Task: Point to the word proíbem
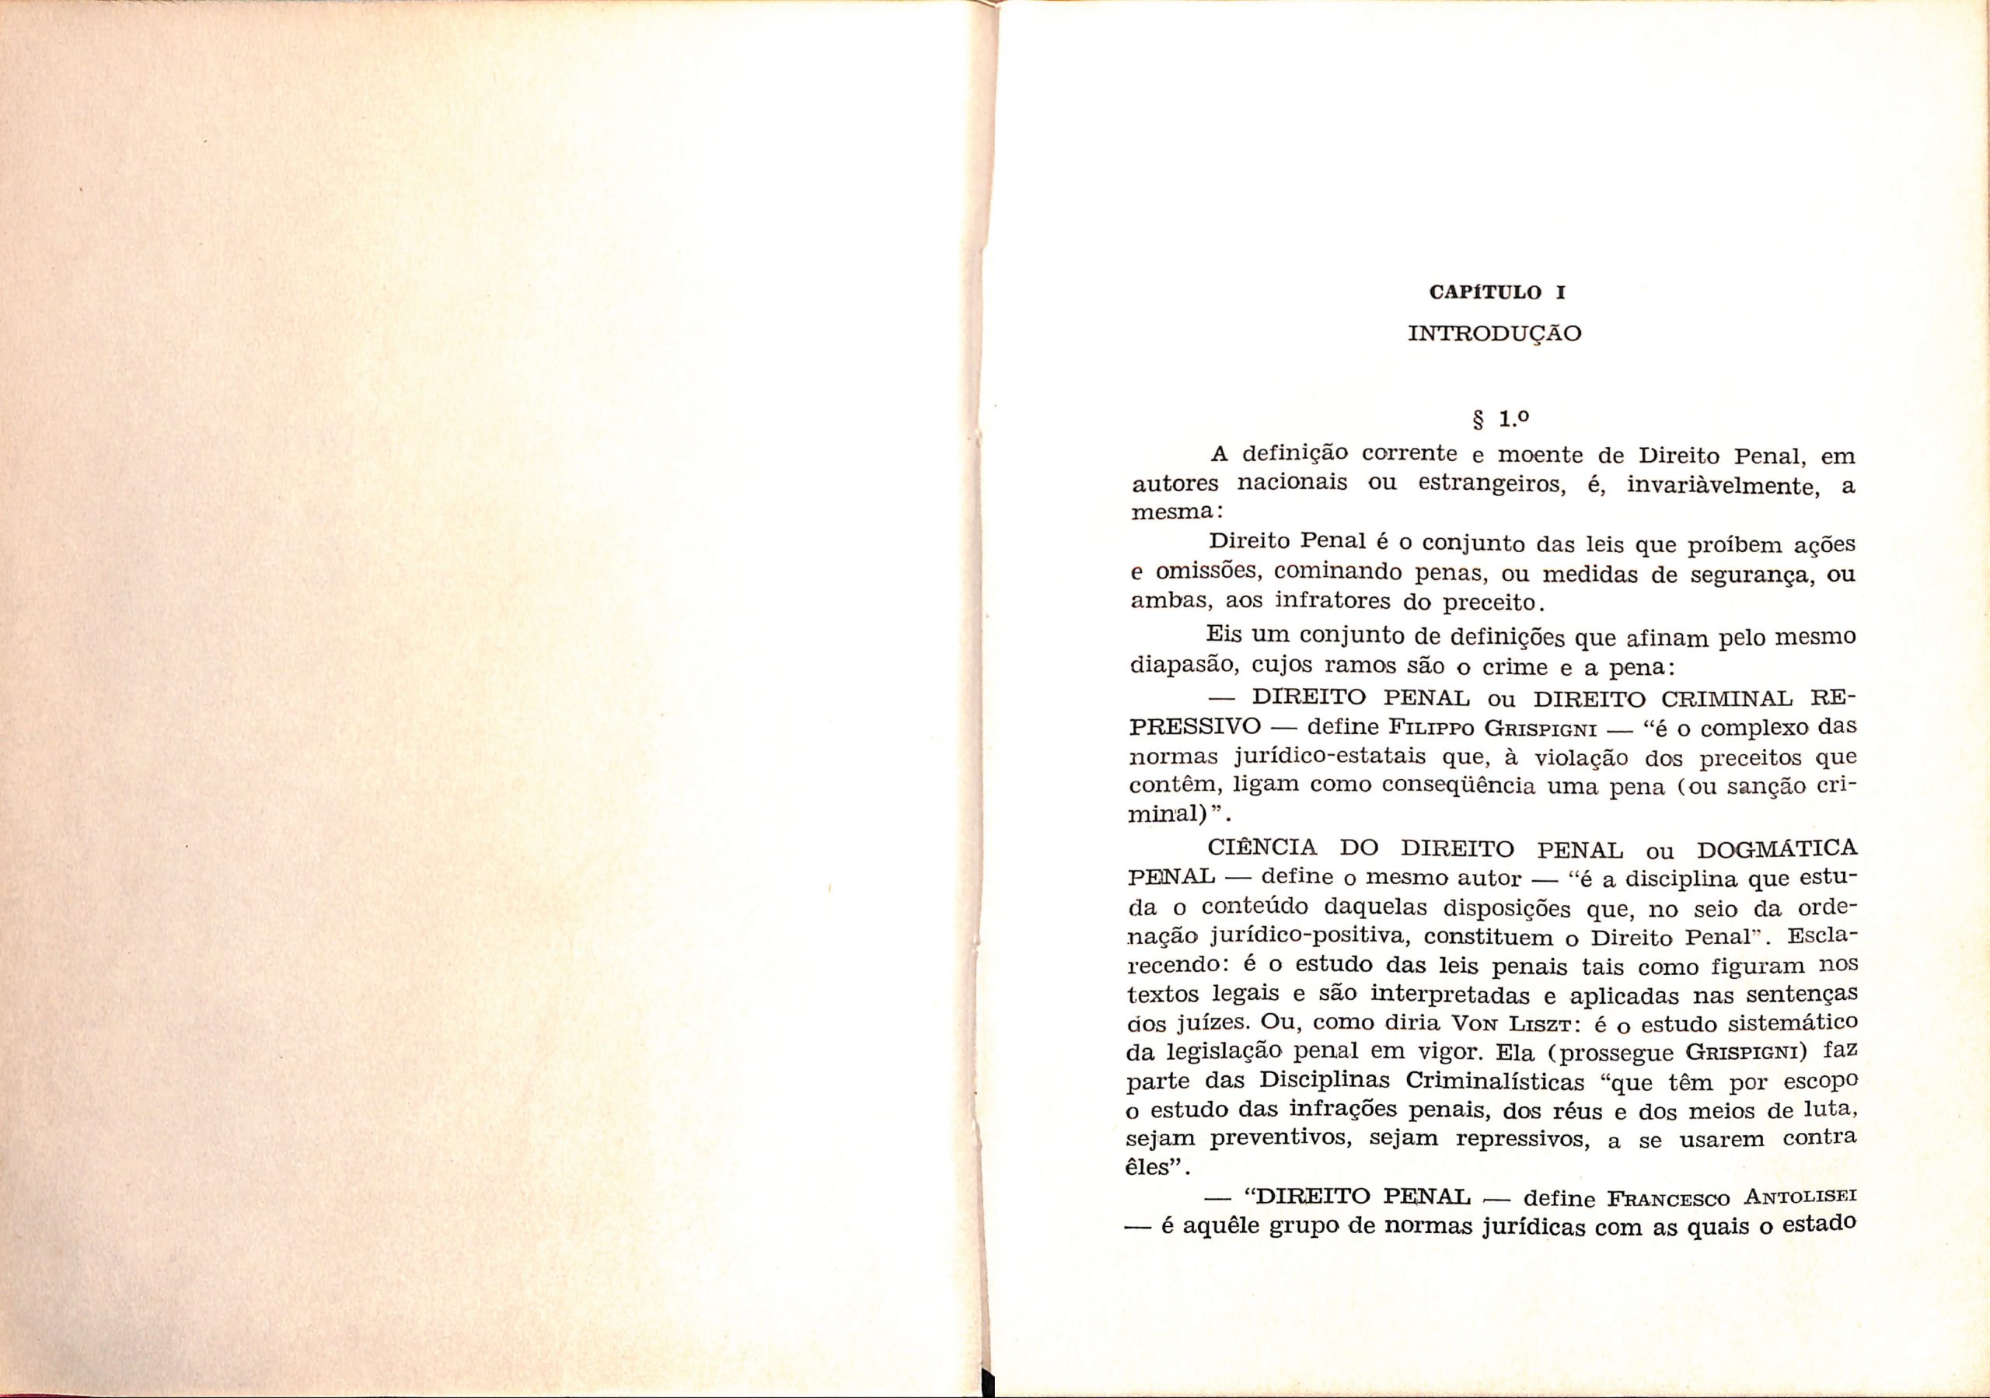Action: (x=1702, y=545)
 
